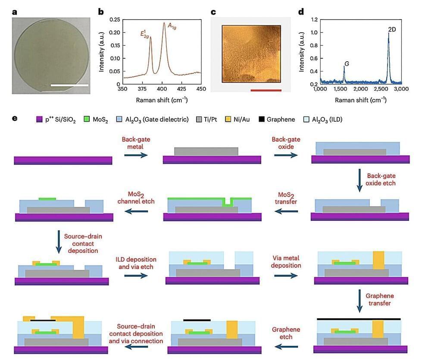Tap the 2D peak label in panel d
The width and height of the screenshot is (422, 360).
(392, 29)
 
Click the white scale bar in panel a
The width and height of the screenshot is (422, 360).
(69, 85)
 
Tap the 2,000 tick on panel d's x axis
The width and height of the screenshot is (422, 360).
(360, 89)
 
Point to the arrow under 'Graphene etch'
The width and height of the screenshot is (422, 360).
(286, 345)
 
